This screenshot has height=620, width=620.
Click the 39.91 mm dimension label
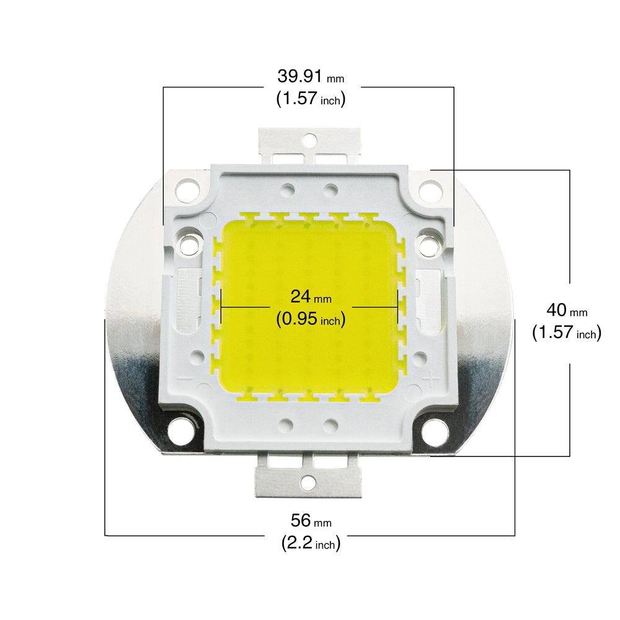pyautogui.click(x=311, y=76)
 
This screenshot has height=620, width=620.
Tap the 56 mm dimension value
pyautogui.click(x=311, y=521)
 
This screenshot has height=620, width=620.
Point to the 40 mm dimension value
pyautogui.click(x=567, y=311)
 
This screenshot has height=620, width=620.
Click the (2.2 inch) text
pyautogui.click(x=311, y=543)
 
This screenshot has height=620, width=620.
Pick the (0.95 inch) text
pyautogui.click(x=311, y=319)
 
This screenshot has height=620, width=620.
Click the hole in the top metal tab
pyautogui.click(x=310, y=139)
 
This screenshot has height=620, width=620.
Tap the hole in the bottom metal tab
pyautogui.click(x=308, y=482)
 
